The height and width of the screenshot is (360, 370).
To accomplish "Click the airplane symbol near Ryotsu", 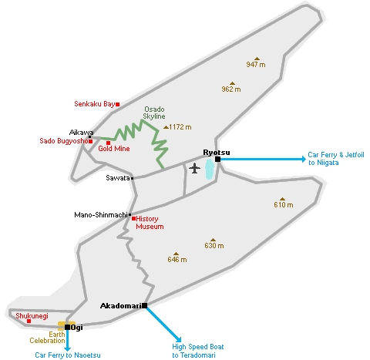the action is (x=194, y=168).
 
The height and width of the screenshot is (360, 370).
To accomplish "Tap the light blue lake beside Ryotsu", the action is (x=210, y=169).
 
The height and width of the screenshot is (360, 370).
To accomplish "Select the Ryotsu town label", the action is (x=217, y=153).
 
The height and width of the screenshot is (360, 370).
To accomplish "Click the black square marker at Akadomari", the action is (x=145, y=305).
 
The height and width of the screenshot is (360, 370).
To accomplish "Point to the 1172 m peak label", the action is (x=180, y=127).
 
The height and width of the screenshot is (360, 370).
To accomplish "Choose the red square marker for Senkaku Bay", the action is (x=117, y=104).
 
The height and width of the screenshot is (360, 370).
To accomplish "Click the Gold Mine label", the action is (x=114, y=149).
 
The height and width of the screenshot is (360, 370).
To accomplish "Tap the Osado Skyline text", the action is (x=154, y=113).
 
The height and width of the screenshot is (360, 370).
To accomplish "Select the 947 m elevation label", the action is (x=256, y=65).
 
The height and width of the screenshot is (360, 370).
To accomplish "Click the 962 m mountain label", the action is (x=231, y=89).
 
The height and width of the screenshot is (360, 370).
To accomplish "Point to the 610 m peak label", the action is (x=284, y=205).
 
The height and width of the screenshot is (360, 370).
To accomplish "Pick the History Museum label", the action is (x=150, y=223).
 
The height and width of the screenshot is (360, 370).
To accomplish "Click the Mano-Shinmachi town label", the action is (x=101, y=215).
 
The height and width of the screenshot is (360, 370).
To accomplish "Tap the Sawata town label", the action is (x=118, y=178).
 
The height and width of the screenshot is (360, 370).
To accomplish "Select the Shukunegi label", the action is (x=32, y=316).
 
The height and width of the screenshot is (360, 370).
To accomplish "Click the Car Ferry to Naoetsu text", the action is (x=68, y=355).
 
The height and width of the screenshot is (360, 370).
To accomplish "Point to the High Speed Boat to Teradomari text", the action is (x=198, y=351).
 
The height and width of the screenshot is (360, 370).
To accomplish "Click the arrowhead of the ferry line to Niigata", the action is (x=304, y=159).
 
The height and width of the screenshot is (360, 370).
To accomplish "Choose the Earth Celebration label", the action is (x=47, y=338).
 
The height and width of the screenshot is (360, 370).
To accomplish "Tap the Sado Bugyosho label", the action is (x=64, y=141).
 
